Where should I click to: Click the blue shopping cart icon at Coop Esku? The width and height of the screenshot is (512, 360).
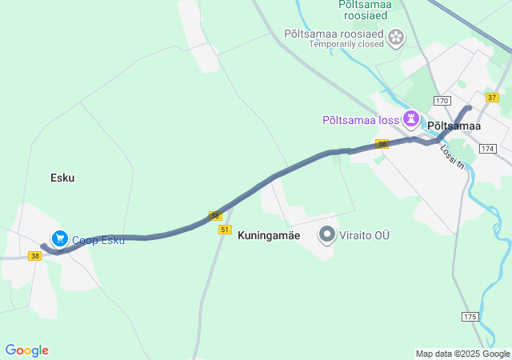59,238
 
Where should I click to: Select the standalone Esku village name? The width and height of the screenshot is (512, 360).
62,178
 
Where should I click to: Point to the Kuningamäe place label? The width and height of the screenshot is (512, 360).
269,236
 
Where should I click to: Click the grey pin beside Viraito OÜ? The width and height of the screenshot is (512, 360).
327,234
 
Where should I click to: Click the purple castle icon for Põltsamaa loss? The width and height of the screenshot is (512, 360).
411,119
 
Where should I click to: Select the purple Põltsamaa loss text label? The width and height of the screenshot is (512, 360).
360,120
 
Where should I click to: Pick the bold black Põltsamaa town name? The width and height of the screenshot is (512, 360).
454,126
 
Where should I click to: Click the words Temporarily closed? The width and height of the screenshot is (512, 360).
346,44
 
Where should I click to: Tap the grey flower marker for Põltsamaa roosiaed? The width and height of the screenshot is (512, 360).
395,37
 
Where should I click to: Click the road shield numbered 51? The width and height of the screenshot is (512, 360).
225,230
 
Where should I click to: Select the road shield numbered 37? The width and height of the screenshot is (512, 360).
491,97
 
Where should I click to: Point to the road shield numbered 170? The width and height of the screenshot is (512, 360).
442,101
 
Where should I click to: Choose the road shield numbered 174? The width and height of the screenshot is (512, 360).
488,149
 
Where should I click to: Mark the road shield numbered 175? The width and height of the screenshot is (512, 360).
470,318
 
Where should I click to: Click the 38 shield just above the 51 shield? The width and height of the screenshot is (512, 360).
215,216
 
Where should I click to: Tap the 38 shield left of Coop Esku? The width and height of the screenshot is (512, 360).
34,256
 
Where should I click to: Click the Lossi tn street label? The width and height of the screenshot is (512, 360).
453,156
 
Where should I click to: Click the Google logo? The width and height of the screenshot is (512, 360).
26,350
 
